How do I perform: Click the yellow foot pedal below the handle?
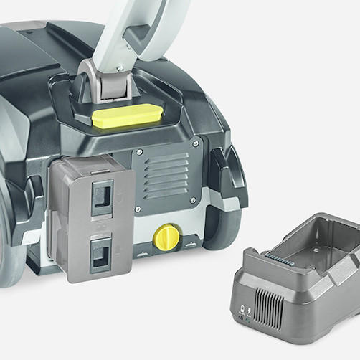pyautogui.click(x=128, y=115)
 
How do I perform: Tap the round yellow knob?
pyautogui.click(x=167, y=236)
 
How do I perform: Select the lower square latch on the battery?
pyautogui.click(x=100, y=253)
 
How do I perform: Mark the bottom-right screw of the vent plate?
pyautogui.click(x=193, y=200)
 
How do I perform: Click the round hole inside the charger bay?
pyautogui.click(x=315, y=251)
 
